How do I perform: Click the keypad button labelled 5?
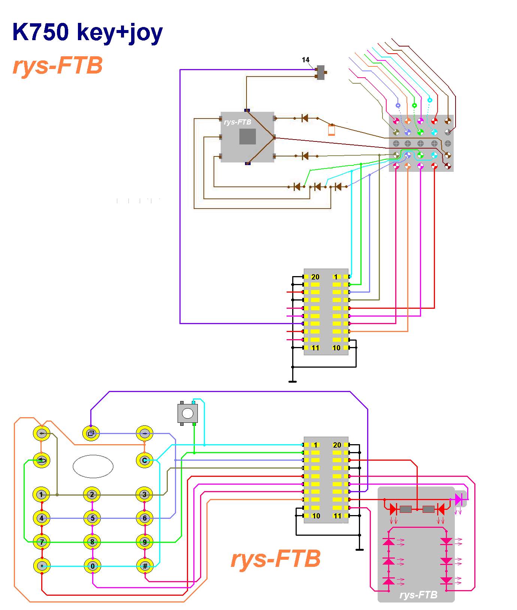(93, 518)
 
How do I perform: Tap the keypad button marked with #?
(145, 566)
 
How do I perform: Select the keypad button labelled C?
(145, 460)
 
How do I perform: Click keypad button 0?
(93, 566)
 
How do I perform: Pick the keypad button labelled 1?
(42, 494)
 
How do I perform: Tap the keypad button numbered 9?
(145, 542)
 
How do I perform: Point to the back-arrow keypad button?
(42, 460)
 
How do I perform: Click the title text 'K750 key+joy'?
(87, 32)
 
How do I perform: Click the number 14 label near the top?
(306, 60)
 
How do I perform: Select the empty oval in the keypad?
(93, 467)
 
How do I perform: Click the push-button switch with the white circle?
(187, 413)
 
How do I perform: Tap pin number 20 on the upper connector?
(315, 277)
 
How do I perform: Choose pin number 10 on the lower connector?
(316, 516)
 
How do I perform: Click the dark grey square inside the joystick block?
(248, 137)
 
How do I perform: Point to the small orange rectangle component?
(332, 130)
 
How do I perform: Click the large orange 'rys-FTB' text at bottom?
(276, 559)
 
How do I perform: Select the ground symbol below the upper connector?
(293, 381)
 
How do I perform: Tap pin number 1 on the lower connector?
(315, 445)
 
